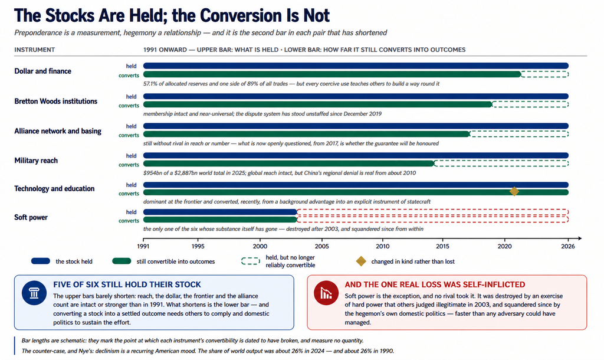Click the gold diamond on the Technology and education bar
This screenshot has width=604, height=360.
pos(514,192)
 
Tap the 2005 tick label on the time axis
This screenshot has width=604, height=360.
pos(321,246)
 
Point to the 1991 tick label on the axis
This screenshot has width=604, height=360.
pos(143,246)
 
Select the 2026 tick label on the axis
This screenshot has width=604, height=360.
pos(568,246)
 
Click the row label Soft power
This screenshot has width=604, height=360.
pos(31,217)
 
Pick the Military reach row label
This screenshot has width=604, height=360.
pos(36,161)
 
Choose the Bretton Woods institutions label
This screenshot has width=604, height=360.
pos(56,102)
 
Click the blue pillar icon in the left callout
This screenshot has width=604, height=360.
pos(34,293)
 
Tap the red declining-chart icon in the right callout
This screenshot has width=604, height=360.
pos(326,293)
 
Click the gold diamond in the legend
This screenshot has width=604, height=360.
pos(361,261)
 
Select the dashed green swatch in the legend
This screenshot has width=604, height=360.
pos(250,261)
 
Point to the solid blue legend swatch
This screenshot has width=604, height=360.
pos(41,261)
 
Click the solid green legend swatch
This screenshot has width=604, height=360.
pos(122,261)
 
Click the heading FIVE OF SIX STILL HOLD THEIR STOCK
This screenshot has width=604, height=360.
pos(127,284)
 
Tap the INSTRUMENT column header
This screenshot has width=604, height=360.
pos(35,50)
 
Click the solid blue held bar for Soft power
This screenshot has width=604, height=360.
pos(220,212)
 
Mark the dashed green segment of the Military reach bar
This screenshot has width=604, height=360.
pos(501,163)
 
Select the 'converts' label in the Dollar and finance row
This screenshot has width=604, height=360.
pos(129,76)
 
